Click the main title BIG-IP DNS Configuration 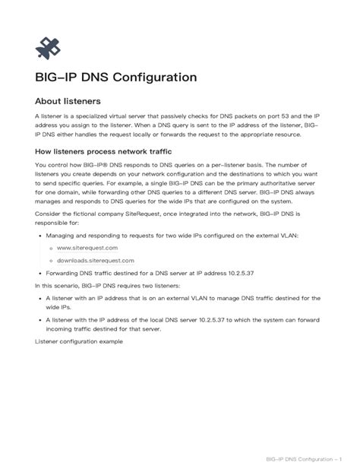116,78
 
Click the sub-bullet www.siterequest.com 87,248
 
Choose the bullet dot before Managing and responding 39,236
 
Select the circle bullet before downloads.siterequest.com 50,260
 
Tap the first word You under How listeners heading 40,164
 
